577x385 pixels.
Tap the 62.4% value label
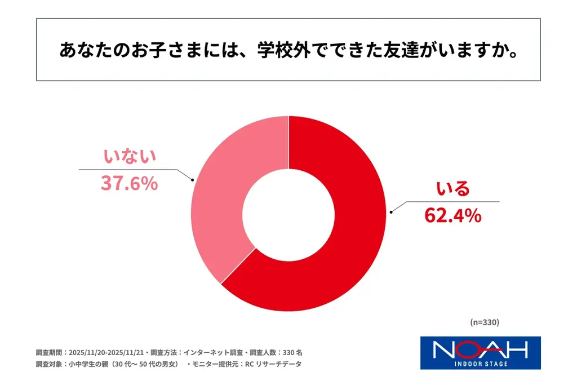(452, 215)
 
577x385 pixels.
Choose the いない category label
(129, 157)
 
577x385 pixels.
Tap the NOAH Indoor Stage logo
(480, 353)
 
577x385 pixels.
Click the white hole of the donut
(288, 213)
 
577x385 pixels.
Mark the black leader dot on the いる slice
(391, 213)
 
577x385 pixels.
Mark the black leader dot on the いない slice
(193, 180)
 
